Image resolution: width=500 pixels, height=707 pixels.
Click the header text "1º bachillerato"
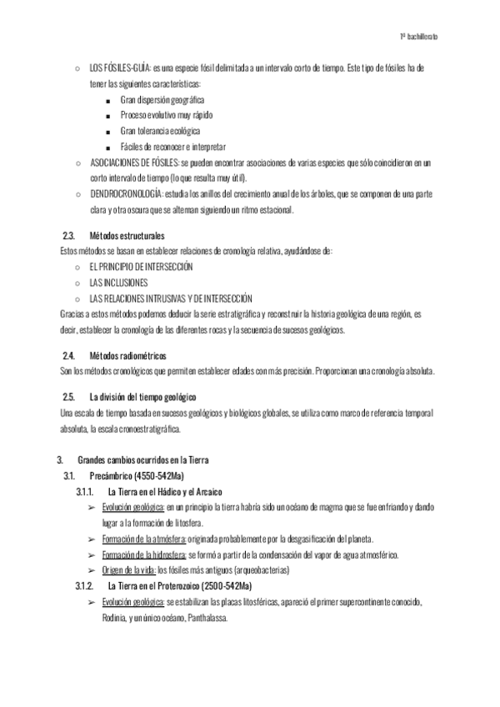419,38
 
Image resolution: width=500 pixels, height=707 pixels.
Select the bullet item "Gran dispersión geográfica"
162,99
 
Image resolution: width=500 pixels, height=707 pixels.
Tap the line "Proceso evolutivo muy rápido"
165,115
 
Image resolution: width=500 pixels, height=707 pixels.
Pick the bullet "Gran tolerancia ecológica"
160,131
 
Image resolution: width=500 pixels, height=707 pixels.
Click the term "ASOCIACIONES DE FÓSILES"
132,163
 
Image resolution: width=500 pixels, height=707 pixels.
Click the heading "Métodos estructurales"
127,235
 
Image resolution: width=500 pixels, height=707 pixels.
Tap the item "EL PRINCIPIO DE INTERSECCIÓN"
140,267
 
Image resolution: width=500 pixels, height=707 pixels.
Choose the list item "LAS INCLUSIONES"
117,283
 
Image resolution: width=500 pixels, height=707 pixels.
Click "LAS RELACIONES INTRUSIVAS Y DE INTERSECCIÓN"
170,298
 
